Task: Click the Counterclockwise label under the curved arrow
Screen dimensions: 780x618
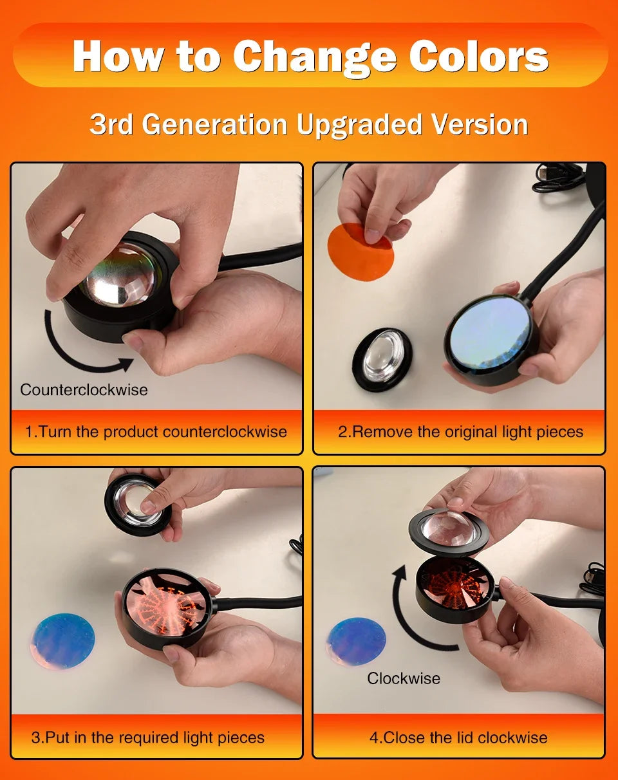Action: point(84,389)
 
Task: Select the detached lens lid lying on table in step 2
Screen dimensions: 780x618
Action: point(382,359)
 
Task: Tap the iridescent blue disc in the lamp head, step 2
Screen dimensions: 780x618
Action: point(491,333)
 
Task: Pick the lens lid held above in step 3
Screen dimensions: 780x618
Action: point(138,505)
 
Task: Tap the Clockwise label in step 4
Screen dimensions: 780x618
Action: point(404,678)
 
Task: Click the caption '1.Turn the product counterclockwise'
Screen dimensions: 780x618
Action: point(156,431)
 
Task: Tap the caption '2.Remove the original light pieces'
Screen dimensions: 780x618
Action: point(460,431)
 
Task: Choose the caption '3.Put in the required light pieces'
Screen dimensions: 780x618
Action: point(147,737)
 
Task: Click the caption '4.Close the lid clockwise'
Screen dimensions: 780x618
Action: point(458,737)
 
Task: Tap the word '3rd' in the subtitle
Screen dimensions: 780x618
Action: point(111,124)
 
